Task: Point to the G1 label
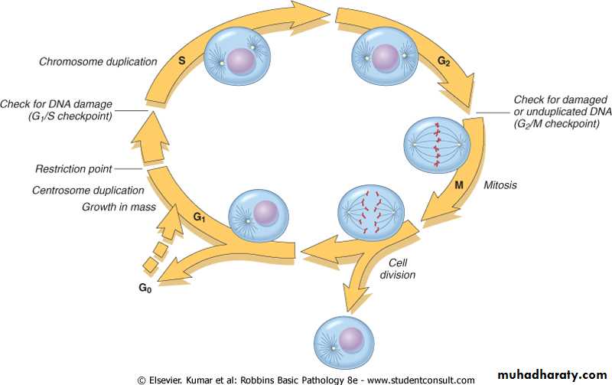pos(199,217)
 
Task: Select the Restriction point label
pos(73,169)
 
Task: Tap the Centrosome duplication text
pos(89,190)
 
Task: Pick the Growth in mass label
pos(119,207)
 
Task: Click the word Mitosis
pos(502,184)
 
